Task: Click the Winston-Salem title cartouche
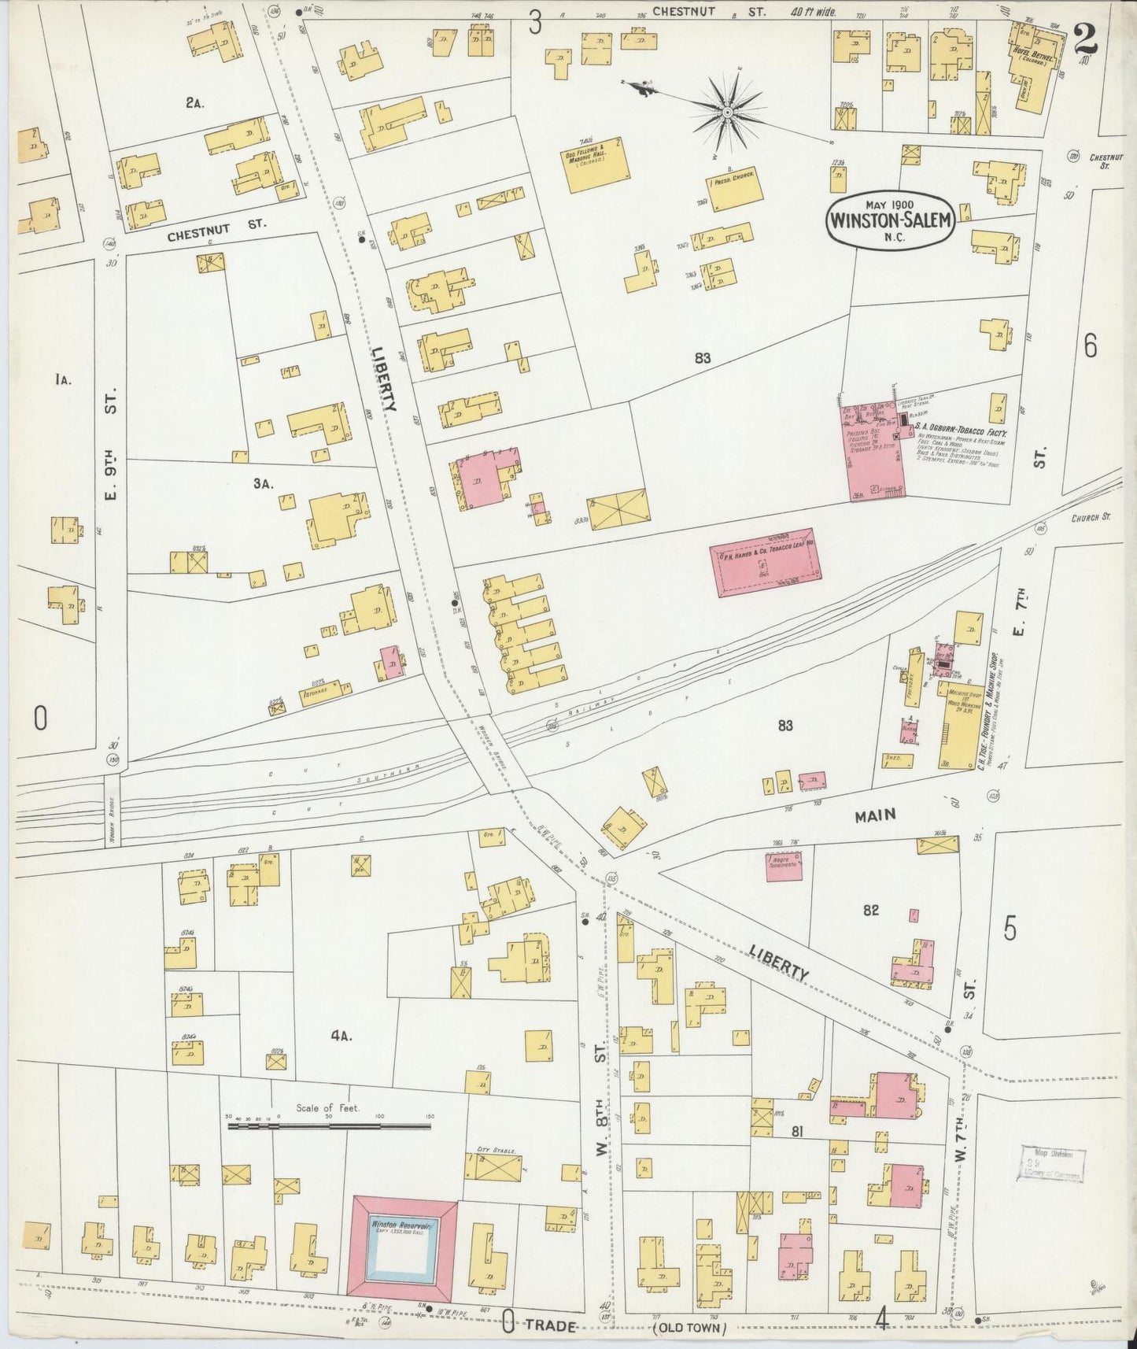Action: click(x=891, y=220)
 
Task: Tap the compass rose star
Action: click(x=728, y=113)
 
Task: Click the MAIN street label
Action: click(x=876, y=815)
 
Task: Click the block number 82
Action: click(x=870, y=911)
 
